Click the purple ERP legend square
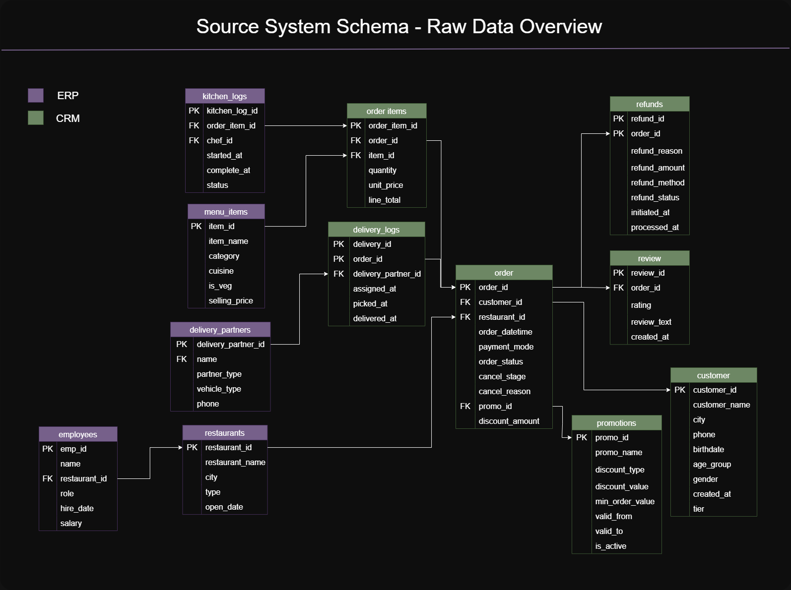(36, 95)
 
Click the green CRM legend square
(36, 118)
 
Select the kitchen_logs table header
(225, 96)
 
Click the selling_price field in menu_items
(231, 300)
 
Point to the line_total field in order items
(384, 200)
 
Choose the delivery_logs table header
(376, 230)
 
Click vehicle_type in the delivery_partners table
(219, 389)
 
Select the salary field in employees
(71, 523)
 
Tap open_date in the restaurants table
(224, 507)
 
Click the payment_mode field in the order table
(506, 347)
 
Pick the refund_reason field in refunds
(657, 151)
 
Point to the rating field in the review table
(641, 305)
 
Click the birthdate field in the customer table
(708, 449)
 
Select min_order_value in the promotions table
(625, 501)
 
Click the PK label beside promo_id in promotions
(581, 437)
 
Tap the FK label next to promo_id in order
(465, 406)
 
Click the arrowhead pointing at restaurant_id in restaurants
(180, 447)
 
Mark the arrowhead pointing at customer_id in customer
(668, 390)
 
